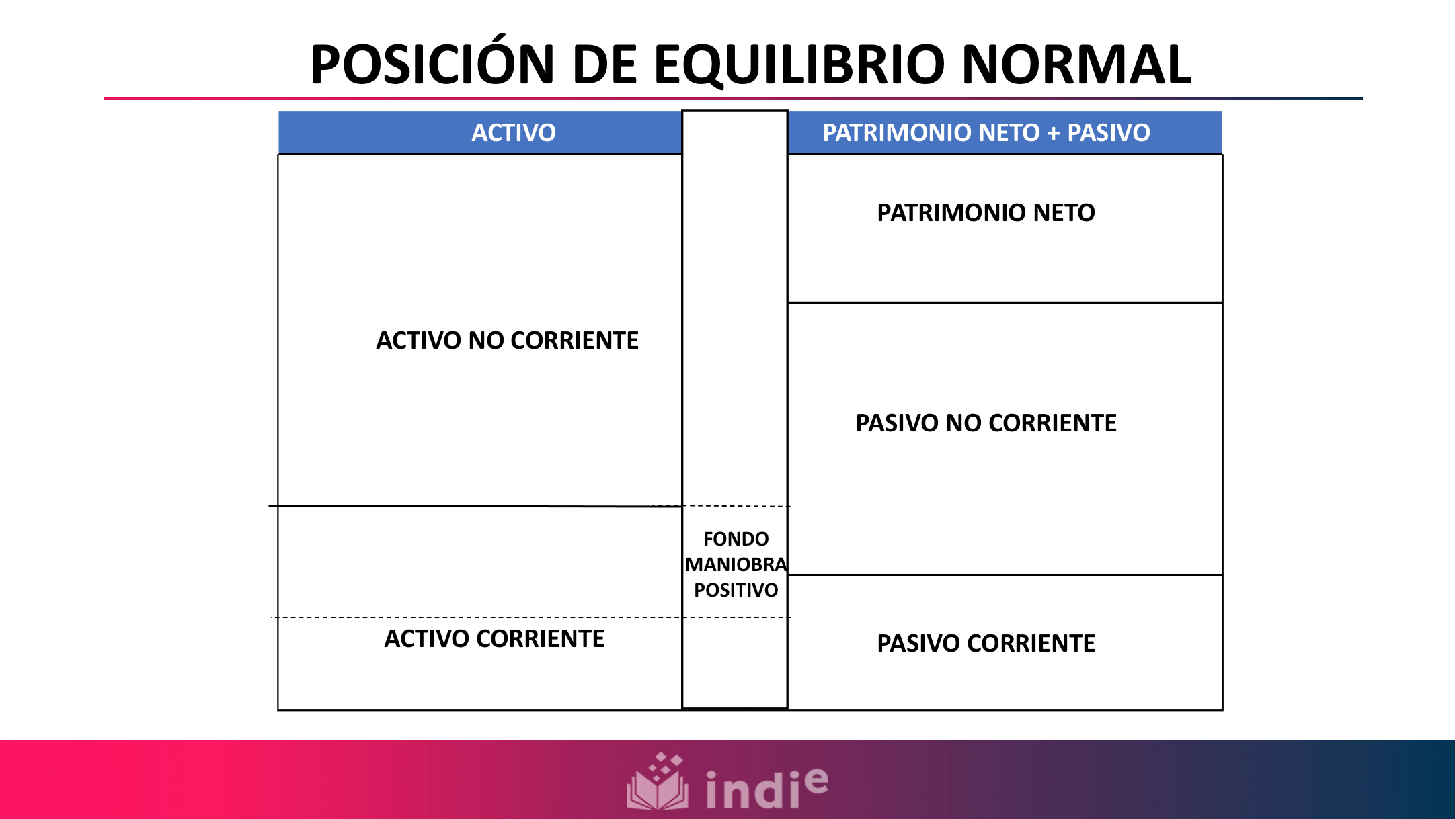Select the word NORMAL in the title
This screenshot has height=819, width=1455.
(1076, 64)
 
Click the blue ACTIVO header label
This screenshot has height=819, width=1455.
(513, 132)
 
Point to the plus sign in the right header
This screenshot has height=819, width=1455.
(1053, 133)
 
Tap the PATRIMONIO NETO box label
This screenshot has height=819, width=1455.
(986, 213)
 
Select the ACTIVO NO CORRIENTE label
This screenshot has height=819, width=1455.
(507, 341)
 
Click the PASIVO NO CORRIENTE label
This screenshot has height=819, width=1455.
(986, 423)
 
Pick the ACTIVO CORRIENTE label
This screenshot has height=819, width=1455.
(494, 639)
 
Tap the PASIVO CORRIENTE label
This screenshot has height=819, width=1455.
(986, 644)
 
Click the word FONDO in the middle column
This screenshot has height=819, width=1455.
(736, 539)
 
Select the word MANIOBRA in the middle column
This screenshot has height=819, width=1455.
(736, 564)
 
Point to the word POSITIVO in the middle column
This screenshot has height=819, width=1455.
(736, 590)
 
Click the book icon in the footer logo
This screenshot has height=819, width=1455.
(658, 783)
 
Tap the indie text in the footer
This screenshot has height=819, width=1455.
(753, 790)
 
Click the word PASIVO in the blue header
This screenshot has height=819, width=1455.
(1108, 132)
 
